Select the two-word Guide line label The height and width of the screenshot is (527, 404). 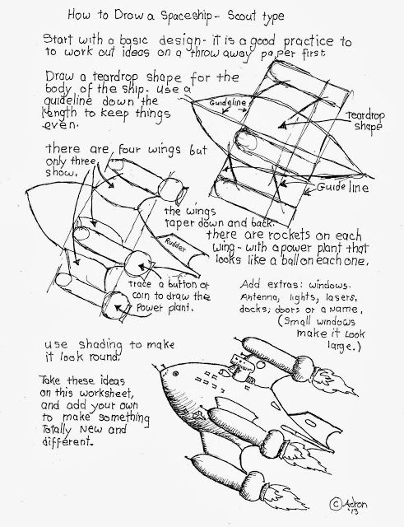click(x=347, y=189)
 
